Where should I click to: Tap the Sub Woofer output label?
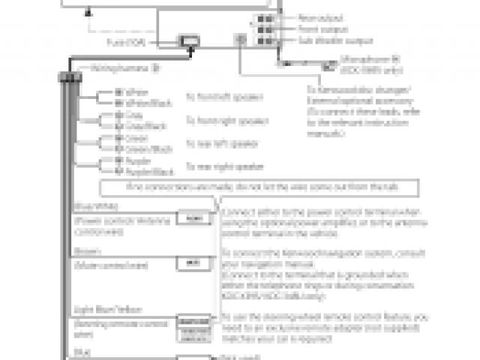(324, 40)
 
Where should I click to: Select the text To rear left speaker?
(222, 143)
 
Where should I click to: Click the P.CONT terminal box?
(193, 218)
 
